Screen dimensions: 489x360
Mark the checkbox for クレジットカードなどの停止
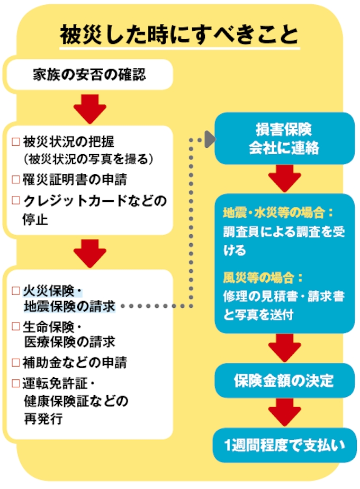coord(15,201)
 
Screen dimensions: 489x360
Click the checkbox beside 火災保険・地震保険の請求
coord(15,291)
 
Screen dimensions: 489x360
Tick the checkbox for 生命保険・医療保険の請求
coord(15,326)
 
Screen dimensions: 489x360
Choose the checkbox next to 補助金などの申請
coord(15,362)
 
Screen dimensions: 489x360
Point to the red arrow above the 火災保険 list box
coord(89,253)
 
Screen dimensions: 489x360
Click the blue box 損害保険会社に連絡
coord(284,139)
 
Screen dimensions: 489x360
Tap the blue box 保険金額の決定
coord(284,380)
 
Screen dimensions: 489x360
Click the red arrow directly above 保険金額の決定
coord(284,348)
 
